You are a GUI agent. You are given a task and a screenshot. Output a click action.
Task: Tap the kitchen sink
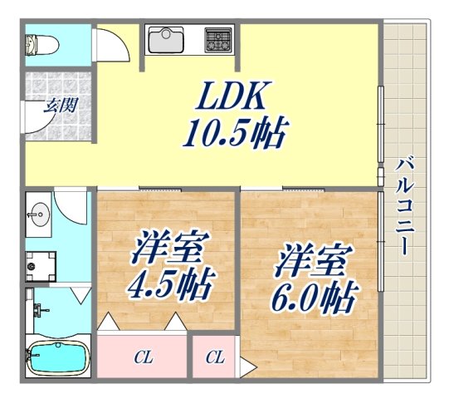click(x=168, y=38)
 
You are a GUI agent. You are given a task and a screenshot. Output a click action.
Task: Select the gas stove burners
click(x=217, y=38)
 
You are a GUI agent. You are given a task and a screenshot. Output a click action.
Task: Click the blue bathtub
click(x=58, y=359)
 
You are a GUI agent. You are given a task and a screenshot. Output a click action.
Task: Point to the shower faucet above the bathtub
click(x=38, y=314)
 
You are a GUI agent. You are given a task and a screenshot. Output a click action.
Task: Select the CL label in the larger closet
click(x=143, y=358)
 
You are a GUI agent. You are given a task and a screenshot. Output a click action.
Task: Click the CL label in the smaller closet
click(x=215, y=358)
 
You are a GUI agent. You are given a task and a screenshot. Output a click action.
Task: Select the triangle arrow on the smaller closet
click(x=247, y=364)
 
